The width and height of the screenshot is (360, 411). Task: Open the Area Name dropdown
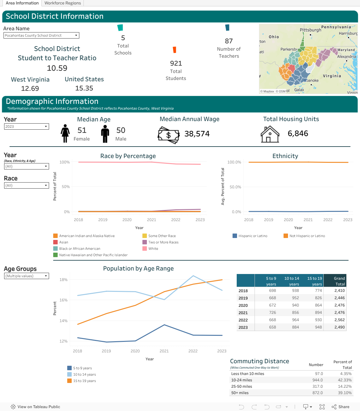point(41,35)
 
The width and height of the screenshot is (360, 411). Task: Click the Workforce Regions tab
point(62,3)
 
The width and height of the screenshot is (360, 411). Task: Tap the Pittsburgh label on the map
point(310,30)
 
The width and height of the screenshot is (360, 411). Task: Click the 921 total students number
point(176,63)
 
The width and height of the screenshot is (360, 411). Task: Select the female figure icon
point(65,133)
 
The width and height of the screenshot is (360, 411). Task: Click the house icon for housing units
point(270,134)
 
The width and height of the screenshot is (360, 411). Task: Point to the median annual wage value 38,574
point(197,134)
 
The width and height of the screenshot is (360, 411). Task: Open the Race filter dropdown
point(26,185)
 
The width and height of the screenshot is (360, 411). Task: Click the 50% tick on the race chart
point(66,187)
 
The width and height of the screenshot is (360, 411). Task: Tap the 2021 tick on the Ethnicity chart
point(308,220)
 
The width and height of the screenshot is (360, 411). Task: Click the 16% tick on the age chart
point(63,300)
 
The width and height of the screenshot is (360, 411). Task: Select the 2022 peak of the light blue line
point(193,276)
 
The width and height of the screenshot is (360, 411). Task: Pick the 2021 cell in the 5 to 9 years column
point(272,313)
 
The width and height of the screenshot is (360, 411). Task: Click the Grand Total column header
point(335,281)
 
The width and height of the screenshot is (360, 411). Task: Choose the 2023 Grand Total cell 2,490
point(340,327)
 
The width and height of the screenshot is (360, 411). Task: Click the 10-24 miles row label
point(241,380)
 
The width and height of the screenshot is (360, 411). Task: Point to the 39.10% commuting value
point(345,393)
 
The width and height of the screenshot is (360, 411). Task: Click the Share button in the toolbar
point(340,407)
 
